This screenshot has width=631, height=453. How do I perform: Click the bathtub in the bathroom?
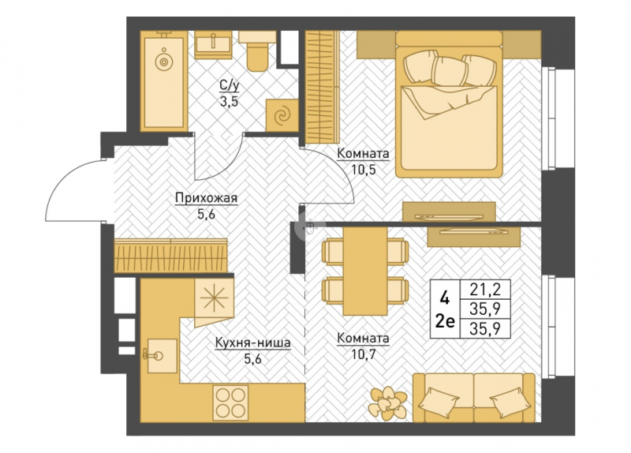[x=164, y=81]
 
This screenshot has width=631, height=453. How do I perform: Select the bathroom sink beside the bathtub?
[x=213, y=45]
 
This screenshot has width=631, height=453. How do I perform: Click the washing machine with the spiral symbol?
[x=282, y=115]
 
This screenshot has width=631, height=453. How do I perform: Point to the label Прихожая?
[x=207, y=199]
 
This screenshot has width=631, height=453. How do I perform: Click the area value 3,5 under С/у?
[x=229, y=102]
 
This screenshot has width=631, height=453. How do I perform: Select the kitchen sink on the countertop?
[x=162, y=356]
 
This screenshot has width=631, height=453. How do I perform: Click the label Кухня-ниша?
[x=252, y=343]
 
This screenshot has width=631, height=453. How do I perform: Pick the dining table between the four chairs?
[x=365, y=271]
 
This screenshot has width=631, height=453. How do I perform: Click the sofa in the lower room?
[x=474, y=398]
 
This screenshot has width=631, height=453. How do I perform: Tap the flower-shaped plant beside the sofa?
[x=387, y=403]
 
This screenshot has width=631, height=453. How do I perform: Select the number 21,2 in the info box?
[x=485, y=289]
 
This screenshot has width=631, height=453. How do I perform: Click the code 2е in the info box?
[x=445, y=322]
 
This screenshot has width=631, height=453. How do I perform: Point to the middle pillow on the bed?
[x=449, y=71]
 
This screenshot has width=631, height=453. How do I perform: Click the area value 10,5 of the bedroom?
[x=364, y=170]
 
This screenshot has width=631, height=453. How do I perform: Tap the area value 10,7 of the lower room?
[x=364, y=355]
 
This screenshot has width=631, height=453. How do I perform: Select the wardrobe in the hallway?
[x=170, y=255]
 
